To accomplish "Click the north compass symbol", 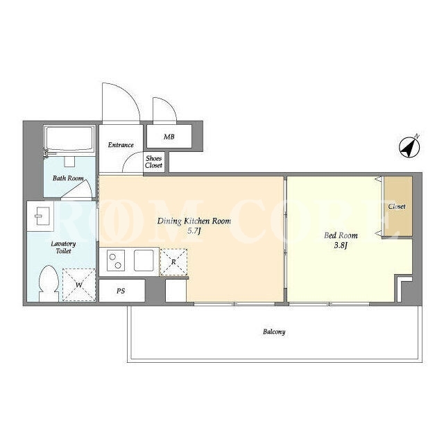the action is coord(409,148).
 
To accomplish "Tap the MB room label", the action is coord(169,137).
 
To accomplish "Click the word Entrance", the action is coord(121,145).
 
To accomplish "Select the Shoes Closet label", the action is coord(154,162).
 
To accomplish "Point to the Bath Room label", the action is coord(68,178).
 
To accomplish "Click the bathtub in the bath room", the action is coord(69,139).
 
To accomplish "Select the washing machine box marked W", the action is coord(79,284).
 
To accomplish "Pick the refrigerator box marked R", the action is coord(173,262).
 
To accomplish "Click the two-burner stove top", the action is coord(116,261).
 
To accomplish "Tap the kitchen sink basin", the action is coord(144,261).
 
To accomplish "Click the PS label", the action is coord(121,291).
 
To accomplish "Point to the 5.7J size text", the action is coord(194,231).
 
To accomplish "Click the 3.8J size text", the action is coord(341,245).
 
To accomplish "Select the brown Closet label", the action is coord(397,207).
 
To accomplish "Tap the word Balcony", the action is coord(274,332).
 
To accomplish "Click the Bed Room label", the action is coord(341,236).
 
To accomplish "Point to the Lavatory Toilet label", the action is coord(63,247).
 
